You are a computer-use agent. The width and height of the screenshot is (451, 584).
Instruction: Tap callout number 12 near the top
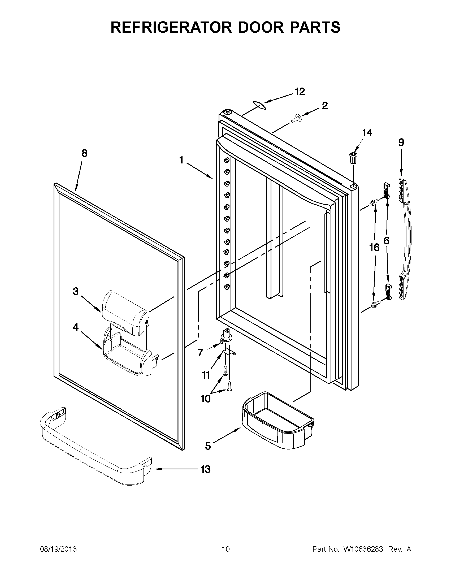click(300, 92)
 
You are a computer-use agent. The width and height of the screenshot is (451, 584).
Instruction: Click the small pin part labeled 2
click(296, 118)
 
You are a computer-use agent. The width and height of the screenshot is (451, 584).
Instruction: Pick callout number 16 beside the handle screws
click(374, 248)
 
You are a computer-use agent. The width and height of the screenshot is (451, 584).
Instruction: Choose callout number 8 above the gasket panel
click(84, 153)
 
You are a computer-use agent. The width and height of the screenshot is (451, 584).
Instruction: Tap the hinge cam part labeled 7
click(226, 337)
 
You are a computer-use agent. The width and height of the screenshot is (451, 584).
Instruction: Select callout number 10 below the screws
click(206, 406)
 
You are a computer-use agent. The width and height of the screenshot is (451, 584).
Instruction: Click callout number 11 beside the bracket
click(206, 375)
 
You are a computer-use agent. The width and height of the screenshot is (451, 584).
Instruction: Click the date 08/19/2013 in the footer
click(58, 549)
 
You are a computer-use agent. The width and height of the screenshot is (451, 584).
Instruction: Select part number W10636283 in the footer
click(363, 549)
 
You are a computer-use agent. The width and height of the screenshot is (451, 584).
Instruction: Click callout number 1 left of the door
click(181, 160)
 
